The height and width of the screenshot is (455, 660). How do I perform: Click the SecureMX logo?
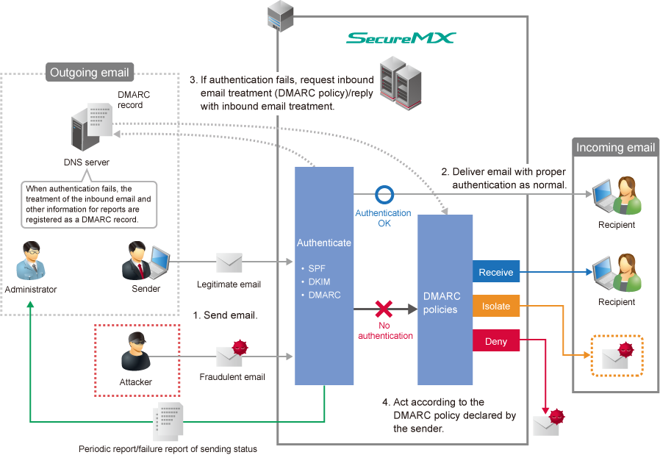pyautogui.click(x=401, y=38)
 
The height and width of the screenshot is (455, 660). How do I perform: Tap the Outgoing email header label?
pyautogui.click(x=89, y=72)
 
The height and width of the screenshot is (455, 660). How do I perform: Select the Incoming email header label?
pyautogui.click(x=615, y=148)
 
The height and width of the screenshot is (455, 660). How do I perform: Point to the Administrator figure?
pyautogui.click(x=30, y=260)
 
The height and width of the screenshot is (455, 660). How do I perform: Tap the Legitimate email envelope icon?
pyautogui.click(x=229, y=262)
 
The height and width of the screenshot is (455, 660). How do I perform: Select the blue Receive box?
pyautogui.click(x=496, y=272)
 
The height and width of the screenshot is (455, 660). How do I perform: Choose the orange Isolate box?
pyautogui.click(x=496, y=306)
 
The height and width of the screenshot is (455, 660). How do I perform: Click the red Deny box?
pyautogui.click(x=496, y=341)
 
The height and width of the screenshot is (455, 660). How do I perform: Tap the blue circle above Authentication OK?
pyautogui.click(x=384, y=196)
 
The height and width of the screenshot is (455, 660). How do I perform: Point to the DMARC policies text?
pyautogui.click(x=442, y=303)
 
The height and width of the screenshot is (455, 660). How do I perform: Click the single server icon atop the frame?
pyautogui.click(x=279, y=16)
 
